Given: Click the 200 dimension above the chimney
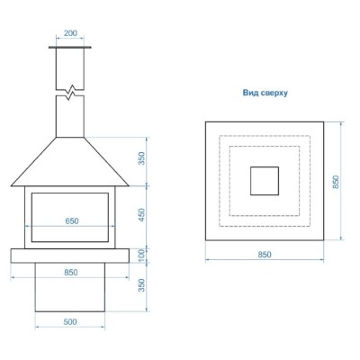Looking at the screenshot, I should point(71,33).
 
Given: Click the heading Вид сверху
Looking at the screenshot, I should point(265,93).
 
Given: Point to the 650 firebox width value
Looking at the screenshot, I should point(71,221).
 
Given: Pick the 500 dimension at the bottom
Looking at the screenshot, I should point(71,320).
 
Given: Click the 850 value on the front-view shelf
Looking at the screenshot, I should point(71,272).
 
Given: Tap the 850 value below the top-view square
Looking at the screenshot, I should point(265,255).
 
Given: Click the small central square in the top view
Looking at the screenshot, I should point(265,180).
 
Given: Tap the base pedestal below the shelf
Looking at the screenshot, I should point(71,292).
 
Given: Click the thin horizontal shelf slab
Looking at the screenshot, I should point(71,256).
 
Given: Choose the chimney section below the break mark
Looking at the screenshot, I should point(71,115).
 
